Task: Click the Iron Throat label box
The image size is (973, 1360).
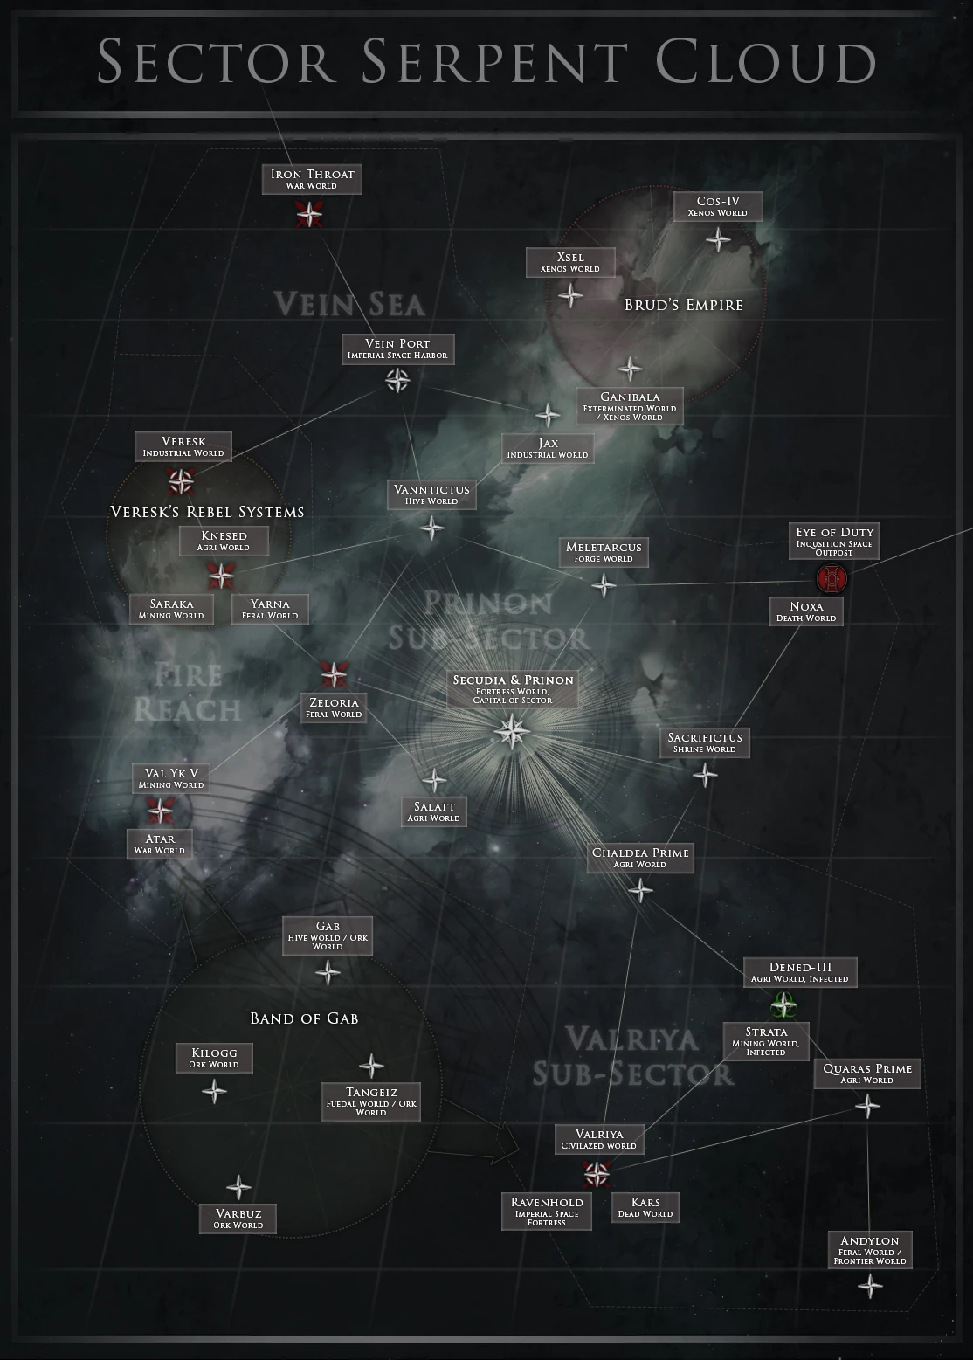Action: pyautogui.click(x=312, y=179)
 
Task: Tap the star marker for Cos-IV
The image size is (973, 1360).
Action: pyautogui.click(x=718, y=239)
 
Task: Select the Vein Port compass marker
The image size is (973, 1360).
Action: pyautogui.click(x=397, y=379)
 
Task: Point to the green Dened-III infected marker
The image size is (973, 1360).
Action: pyautogui.click(x=783, y=1006)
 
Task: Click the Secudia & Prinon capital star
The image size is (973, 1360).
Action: pyautogui.click(x=511, y=730)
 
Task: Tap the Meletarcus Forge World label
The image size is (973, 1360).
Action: pyautogui.click(x=604, y=552)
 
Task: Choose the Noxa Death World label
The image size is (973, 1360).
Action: pyautogui.click(x=806, y=611)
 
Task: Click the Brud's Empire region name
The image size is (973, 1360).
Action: pyautogui.click(x=683, y=305)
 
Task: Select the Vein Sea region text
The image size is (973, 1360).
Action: pyautogui.click(x=349, y=304)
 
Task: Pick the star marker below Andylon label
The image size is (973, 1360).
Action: pyautogui.click(x=869, y=1285)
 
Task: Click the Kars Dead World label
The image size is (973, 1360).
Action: pyautogui.click(x=645, y=1207)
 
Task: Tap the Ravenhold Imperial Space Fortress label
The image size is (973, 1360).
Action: pyautogui.click(x=547, y=1212)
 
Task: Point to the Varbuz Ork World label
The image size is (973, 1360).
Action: pyautogui.click(x=238, y=1218)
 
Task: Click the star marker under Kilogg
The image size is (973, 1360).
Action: pyautogui.click(x=214, y=1091)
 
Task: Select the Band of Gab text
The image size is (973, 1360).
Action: pyautogui.click(x=304, y=1018)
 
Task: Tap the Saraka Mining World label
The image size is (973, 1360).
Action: pyautogui.click(x=171, y=609)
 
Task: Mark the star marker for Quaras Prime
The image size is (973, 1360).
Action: pyautogui.click(x=866, y=1107)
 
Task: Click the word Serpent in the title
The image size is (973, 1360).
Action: pyautogui.click(x=494, y=62)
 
